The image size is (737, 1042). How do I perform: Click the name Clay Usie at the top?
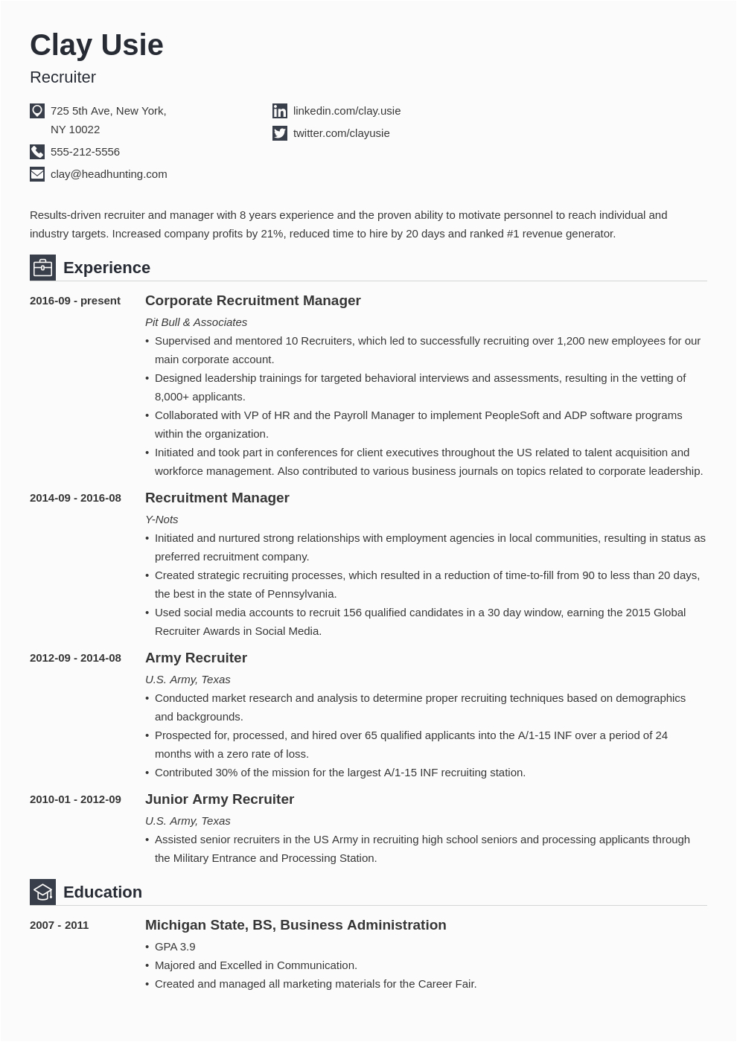(x=96, y=45)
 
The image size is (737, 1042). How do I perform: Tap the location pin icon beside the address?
(x=37, y=111)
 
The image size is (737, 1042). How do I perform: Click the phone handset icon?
(x=37, y=152)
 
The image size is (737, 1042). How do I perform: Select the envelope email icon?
(x=37, y=174)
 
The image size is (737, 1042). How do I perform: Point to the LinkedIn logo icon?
(x=280, y=111)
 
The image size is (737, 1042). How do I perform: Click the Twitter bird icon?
(x=280, y=133)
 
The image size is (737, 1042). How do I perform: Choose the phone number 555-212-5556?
(x=85, y=152)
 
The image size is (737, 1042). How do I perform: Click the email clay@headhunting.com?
(x=109, y=174)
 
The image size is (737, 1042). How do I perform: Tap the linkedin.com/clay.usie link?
(x=347, y=111)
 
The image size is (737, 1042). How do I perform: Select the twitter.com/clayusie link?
(x=342, y=133)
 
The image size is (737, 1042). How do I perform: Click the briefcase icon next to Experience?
(x=42, y=267)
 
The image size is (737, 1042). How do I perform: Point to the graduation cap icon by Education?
(x=42, y=892)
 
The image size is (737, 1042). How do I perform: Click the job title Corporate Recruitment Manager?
(x=252, y=301)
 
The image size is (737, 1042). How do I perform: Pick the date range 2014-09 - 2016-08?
(x=75, y=498)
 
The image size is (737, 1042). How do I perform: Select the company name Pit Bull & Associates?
(x=196, y=322)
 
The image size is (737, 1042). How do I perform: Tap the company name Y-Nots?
(x=162, y=520)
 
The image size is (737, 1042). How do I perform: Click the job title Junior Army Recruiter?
(x=220, y=799)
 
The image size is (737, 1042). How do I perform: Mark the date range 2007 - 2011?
(x=59, y=925)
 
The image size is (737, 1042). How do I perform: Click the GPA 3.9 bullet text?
(x=175, y=947)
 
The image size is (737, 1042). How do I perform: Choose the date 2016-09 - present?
(x=74, y=301)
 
